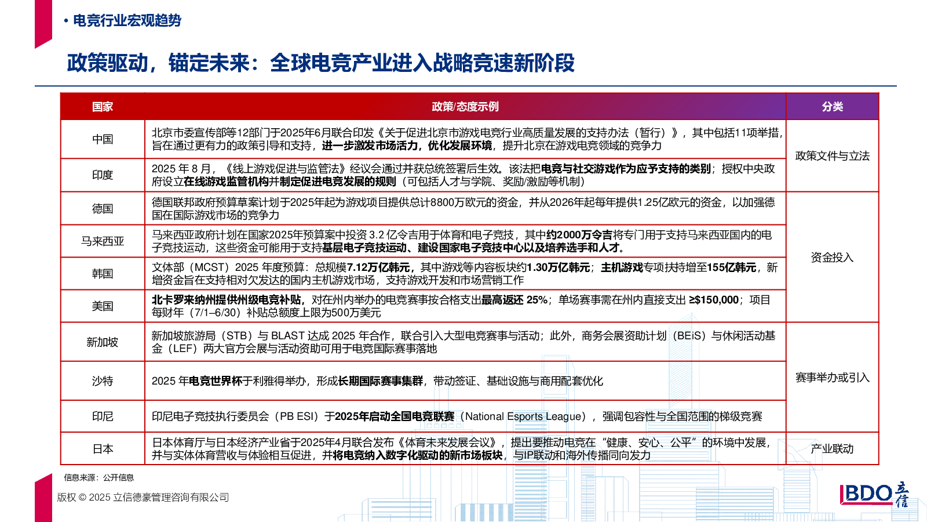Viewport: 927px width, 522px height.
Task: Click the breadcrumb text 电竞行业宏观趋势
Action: point(127,21)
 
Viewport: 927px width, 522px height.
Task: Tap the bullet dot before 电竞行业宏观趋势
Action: point(66,21)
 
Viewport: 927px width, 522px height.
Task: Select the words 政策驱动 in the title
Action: point(107,63)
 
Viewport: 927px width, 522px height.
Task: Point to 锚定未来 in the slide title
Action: point(209,63)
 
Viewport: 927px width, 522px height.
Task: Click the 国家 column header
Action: point(103,107)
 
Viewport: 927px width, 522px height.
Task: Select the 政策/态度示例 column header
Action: point(465,107)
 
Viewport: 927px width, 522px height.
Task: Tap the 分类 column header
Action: point(832,107)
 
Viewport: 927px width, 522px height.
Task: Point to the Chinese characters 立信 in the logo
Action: point(902,494)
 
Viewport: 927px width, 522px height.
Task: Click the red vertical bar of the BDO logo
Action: point(841,494)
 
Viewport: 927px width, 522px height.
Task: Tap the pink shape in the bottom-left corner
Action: point(43,499)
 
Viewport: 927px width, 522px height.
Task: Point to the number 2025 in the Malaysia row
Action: point(282,235)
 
